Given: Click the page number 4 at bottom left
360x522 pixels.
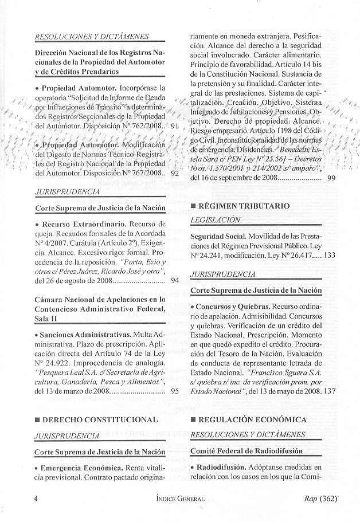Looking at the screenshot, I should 36,499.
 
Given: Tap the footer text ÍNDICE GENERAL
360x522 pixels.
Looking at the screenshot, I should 179,499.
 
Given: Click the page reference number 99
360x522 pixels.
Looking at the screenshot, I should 331,178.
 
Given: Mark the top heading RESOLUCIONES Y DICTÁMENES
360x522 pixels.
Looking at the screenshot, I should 92,37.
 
